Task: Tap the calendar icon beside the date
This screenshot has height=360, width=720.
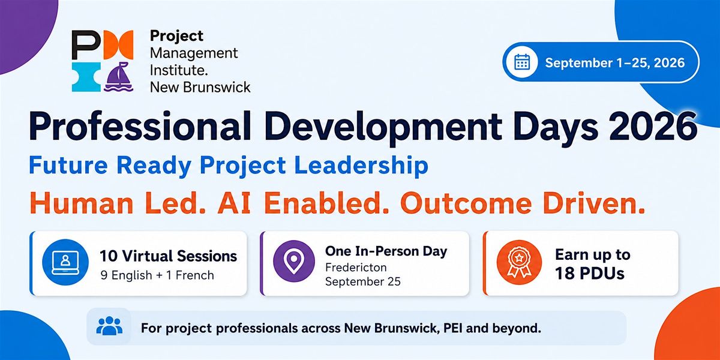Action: (522, 62)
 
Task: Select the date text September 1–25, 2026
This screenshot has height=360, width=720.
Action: (615, 62)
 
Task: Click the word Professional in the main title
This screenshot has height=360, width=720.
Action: (139, 127)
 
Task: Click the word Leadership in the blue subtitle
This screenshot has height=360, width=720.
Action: (361, 166)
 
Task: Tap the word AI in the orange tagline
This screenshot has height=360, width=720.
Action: (234, 203)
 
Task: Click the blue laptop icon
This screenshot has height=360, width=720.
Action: (65, 262)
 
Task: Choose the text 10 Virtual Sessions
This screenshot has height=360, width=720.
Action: (169, 256)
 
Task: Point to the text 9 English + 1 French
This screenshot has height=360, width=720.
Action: (157, 275)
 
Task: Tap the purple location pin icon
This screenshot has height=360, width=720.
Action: (294, 261)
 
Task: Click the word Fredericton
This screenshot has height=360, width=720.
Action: (356, 268)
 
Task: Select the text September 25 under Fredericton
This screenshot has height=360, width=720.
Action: (363, 282)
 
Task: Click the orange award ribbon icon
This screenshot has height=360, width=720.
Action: (519, 262)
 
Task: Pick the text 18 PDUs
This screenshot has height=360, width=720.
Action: (589, 274)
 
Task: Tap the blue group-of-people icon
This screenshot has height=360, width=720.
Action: (109, 326)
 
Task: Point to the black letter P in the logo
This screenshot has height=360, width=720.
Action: (84, 44)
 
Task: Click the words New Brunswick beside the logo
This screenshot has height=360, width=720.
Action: (200, 88)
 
